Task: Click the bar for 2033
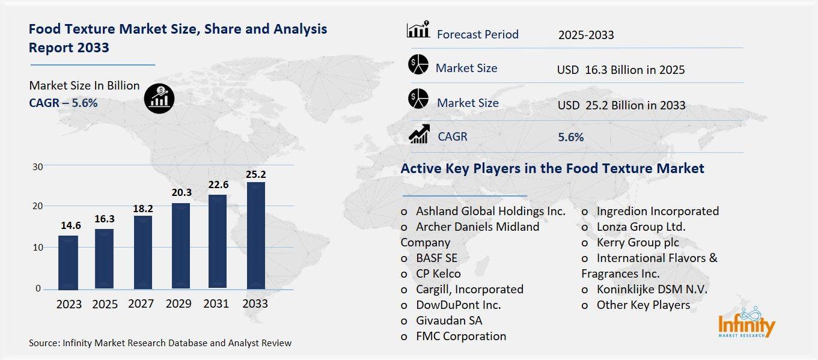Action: (x=255, y=235)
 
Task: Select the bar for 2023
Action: (x=68, y=261)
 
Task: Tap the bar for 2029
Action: (x=181, y=245)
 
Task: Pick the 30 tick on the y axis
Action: (x=37, y=166)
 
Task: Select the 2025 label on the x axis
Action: (x=105, y=304)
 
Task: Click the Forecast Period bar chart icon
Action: (x=418, y=30)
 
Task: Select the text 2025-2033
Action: (x=586, y=35)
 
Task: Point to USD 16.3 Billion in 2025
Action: (x=621, y=70)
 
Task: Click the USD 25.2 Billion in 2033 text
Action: (x=621, y=105)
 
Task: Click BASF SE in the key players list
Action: (x=436, y=258)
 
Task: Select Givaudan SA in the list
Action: (x=448, y=320)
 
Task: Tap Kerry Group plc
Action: (x=637, y=242)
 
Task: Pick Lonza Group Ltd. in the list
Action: (x=640, y=227)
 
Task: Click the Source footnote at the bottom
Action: (x=160, y=343)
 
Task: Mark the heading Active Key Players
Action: (x=552, y=168)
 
